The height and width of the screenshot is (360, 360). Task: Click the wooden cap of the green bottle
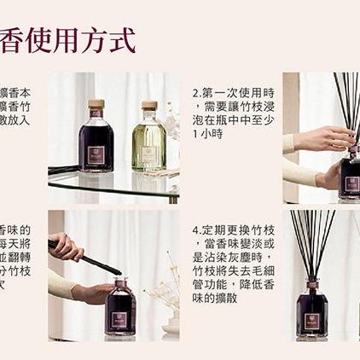tap(149, 107)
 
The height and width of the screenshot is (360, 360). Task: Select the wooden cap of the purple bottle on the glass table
tap(96, 106)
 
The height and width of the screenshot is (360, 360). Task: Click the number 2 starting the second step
tap(196, 93)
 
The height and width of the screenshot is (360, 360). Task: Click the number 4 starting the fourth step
tap(196, 230)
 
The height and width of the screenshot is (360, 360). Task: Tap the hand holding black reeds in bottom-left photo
tap(67, 247)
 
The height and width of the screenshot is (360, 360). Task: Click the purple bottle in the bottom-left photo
tap(119, 309)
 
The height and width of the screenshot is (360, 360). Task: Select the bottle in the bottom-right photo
tap(312, 311)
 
